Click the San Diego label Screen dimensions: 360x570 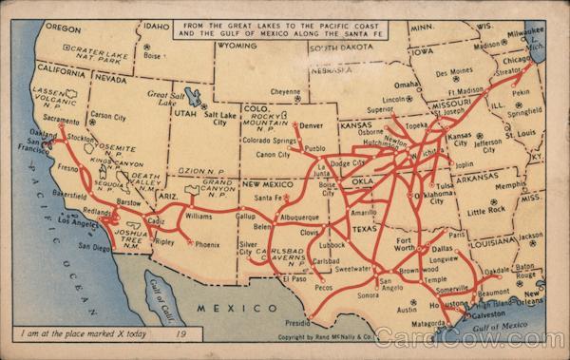tap(94, 248)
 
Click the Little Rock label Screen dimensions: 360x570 tap(484, 211)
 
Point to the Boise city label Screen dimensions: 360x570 tap(153, 55)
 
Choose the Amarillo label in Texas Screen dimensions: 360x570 tap(364, 213)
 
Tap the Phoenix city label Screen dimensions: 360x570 tap(207, 244)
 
